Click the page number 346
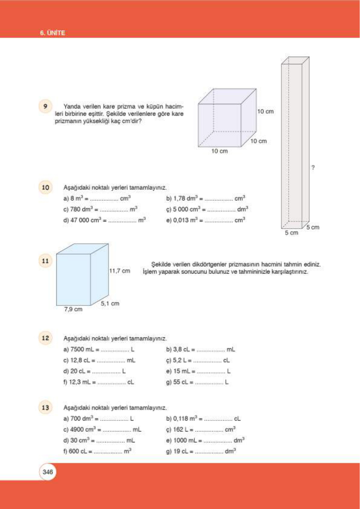(48, 472)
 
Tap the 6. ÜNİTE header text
(52, 33)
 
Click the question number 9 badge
(45, 106)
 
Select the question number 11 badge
(45, 261)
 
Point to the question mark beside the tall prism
(313, 167)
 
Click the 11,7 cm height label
(120, 271)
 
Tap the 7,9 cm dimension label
(73, 309)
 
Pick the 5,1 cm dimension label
(110, 303)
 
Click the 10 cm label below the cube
(219, 151)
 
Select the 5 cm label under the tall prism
(291, 233)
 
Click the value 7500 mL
(82, 349)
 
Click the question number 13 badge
(45, 407)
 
